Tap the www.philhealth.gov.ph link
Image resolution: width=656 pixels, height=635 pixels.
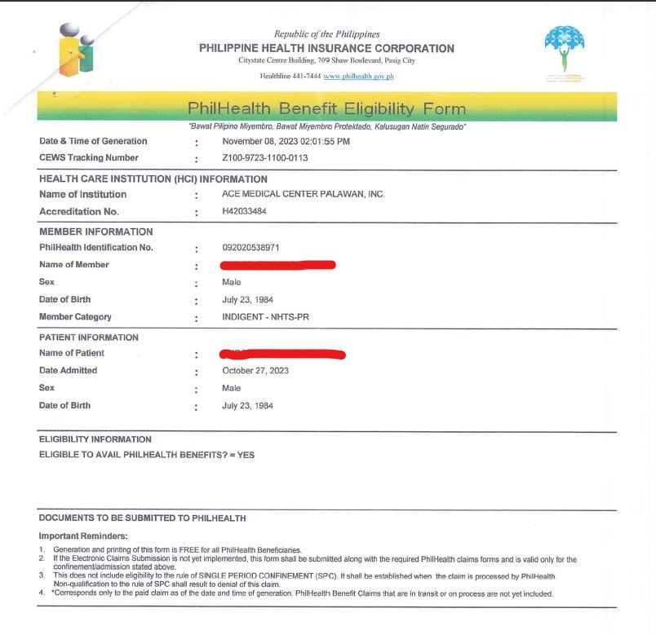[x=358, y=76]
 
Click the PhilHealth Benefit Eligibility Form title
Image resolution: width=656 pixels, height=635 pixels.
[x=326, y=108]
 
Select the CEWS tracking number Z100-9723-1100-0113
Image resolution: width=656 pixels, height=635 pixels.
[x=264, y=158]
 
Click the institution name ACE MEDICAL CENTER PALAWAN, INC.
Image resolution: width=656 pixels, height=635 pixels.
[x=303, y=194]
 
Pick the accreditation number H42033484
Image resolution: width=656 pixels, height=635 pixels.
[x=244, y=211]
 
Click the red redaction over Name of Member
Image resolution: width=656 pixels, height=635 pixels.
[x=277, y=264]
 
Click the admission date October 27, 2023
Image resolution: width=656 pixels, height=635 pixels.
[x=255, y=371]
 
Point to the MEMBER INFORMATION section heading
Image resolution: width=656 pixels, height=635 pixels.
[x=95, y=232]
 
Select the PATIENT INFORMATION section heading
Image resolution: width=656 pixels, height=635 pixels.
[x=89, y=337]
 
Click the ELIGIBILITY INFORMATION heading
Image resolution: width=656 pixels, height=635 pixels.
[x=95, y=439]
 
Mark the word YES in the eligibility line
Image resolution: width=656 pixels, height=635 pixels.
[x=246, y=455]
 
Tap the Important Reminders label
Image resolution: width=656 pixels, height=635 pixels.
[x=83, y=536]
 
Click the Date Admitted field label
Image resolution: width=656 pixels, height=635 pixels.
[x=68, y=371]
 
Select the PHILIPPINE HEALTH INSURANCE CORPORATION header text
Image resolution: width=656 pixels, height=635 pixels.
[x=326, y=48]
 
